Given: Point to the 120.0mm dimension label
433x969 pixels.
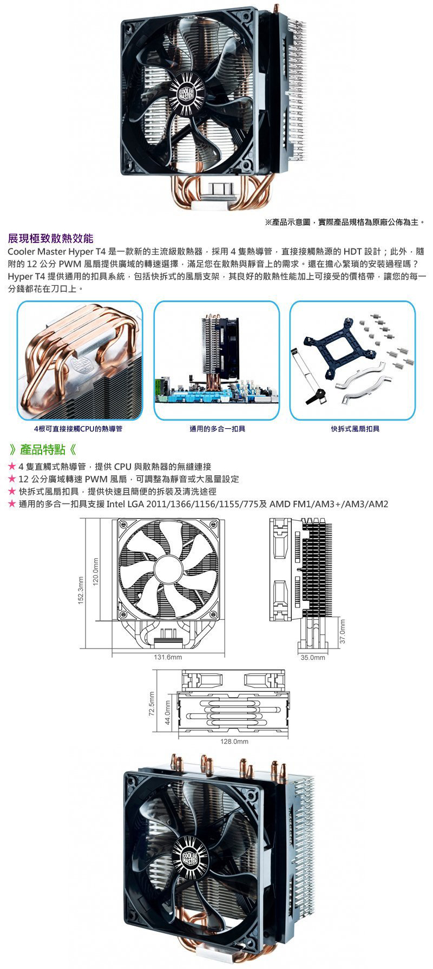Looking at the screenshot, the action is click(96, 571).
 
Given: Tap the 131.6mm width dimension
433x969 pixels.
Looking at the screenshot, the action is click(168, 657).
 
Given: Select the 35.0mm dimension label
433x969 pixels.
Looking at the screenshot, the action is click(313, 658).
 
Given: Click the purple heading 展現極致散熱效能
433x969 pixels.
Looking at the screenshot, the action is click(50, 238).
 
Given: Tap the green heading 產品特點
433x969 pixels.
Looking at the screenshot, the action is click(42, 449).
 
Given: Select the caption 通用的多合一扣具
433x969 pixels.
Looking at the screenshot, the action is click(217, 429).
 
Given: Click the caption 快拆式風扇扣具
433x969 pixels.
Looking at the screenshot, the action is click(355, 429).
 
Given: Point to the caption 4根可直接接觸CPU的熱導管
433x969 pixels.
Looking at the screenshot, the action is click(78, 429).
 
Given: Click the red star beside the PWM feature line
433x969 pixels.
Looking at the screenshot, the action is click(12, 479).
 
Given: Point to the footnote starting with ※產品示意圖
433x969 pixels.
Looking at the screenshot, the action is click(345, 222).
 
